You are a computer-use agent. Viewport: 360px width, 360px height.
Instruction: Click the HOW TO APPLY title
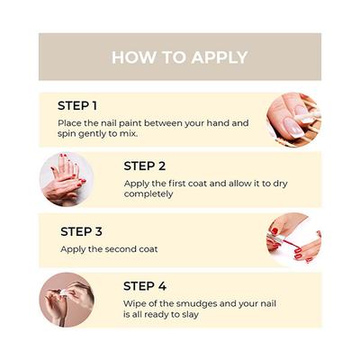click(x=180, y=58)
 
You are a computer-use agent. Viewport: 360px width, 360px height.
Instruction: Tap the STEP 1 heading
click(x=77, y=106)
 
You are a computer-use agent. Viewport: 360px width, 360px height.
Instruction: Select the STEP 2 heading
click(x=145, y=166)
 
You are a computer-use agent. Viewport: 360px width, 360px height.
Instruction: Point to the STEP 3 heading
click(x=81, y=231)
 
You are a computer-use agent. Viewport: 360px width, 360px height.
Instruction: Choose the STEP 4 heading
click(x=145, y=286)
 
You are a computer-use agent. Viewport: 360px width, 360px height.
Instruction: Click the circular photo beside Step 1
click(x=293, y=120)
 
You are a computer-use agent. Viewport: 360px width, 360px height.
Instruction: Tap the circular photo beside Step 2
click(x=67, y=179)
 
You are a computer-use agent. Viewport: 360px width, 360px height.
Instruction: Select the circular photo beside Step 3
click(x=293, y=239)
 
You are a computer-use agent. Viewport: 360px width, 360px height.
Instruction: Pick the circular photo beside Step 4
click(x=67, y=300)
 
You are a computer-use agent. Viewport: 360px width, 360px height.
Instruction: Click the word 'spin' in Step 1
click(x=67, y=134)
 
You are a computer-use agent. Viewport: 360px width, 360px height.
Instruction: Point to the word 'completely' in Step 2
click(x=148, y=194)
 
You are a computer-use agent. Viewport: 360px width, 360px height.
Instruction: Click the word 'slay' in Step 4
click(x=190, y=315)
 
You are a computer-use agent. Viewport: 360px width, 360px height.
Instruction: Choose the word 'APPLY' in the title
click(x=220, y=58)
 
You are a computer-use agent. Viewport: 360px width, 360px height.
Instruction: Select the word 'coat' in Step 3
click(x=148, y=249)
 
